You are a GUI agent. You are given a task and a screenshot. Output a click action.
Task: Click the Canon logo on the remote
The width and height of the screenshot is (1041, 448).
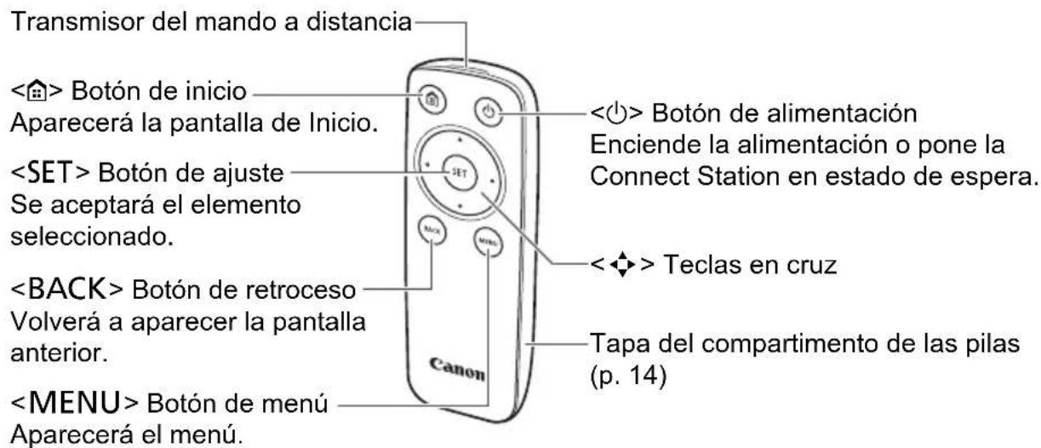tap(461, 367)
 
